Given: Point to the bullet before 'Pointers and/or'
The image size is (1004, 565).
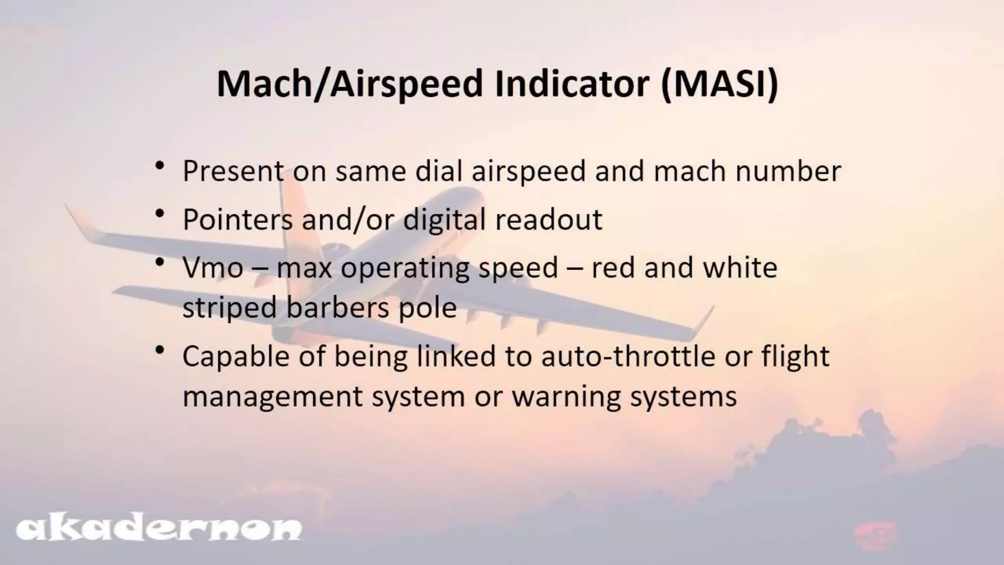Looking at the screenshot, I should [159, 214].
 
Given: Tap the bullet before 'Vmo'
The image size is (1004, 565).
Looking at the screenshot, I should [159, 262].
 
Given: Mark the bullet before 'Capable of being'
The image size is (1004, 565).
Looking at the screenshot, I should [159, 350].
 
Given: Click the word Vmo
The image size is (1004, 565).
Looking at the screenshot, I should [213, 268].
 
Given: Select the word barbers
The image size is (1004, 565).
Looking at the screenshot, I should [337, 308].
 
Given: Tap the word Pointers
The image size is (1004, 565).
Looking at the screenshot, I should [237, 219].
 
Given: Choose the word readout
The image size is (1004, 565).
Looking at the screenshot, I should [549, 219].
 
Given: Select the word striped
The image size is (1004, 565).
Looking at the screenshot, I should [229, 308].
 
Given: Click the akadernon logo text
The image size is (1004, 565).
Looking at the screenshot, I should [158, 528].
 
